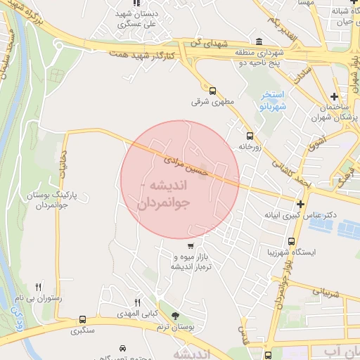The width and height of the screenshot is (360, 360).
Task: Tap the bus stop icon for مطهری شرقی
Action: (213, 90)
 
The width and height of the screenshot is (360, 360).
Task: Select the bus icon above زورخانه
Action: (249, 136)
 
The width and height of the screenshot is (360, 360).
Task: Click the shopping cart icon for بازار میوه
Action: (191, 246)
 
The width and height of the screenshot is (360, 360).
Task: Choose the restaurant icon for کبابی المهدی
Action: (138, 302)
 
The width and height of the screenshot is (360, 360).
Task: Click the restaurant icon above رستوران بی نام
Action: (38, 287)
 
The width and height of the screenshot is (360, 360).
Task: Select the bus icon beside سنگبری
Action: (83, 320)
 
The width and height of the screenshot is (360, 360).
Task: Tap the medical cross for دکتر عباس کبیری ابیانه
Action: (300, 203)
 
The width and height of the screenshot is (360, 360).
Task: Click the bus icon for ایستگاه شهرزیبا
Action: (261, 250)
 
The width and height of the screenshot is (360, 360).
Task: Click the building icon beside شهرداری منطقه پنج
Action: (260, 41)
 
